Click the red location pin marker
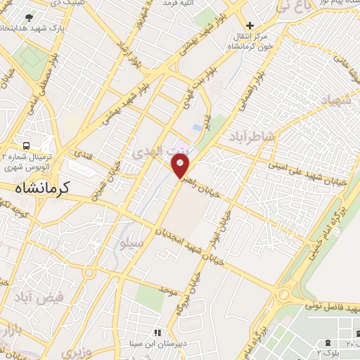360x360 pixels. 181,166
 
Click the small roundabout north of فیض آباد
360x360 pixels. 89,272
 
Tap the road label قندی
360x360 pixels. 82,153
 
